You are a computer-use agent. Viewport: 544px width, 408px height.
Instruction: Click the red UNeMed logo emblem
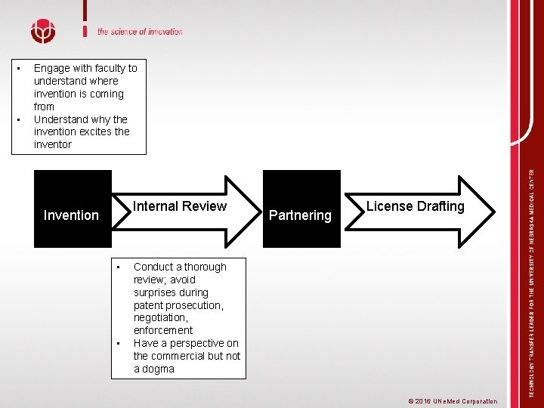tap(43, 32)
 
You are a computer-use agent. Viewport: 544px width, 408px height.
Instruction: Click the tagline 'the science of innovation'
tap(140, 32)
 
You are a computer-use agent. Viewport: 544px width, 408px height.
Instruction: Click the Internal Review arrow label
tap(180, 206)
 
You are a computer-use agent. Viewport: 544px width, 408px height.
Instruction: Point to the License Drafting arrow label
tap(415, 206)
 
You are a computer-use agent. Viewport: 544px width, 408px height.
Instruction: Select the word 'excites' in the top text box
tap(94, 131)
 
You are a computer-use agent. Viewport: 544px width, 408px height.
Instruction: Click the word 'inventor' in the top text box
tap(53, 144)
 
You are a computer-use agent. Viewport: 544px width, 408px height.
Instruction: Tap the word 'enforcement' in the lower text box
tap(163, 330)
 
